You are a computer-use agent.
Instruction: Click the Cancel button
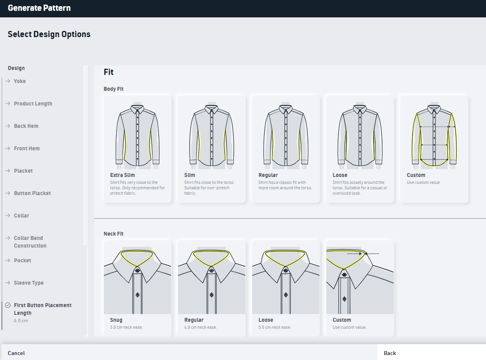[16, 353]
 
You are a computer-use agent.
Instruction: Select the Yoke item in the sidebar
[20, 81]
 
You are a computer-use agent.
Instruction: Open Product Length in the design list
[33, 104]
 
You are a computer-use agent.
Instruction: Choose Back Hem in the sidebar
[26, 126]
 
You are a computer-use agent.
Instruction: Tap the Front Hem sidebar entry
[27, 148]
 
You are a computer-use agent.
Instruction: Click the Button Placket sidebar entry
[32, 193]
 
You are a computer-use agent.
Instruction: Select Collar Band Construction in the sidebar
[30, 242]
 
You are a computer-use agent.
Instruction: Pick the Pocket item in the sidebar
[22, 260]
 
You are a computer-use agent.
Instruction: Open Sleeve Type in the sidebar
[29, 283]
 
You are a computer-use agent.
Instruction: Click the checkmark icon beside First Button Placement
[8, 305]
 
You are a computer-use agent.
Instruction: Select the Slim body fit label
[190, 175]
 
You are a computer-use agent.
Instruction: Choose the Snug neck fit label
[116, 320]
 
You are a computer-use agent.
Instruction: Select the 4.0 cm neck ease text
[201, 327]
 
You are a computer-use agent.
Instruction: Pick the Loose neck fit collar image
[286, 277]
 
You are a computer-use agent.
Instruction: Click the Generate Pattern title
[39, 8]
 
